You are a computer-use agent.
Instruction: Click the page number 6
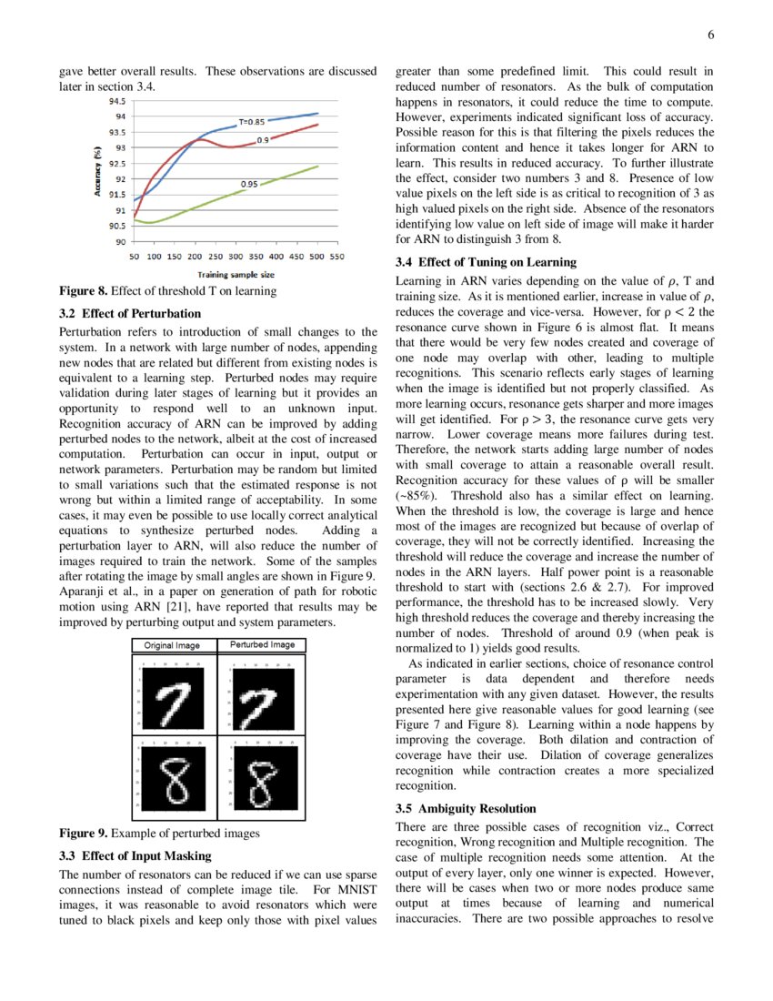(x=711, y=35)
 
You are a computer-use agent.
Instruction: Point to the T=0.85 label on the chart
(x=252, y=121)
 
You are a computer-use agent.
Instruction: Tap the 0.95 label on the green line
(x=248, y=185)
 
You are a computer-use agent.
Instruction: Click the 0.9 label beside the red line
(x=262, y=140)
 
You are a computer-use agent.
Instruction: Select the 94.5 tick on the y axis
(x=117, y=100)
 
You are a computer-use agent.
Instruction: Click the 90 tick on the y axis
(x=120, y=242)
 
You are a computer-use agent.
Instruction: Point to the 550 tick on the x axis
(x=336, y=257)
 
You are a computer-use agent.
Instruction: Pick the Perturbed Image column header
(x=262, y=645)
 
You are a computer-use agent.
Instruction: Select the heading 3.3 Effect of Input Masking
(x=135, y=855)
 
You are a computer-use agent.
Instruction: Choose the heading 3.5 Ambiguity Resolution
(x=466, y=808)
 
